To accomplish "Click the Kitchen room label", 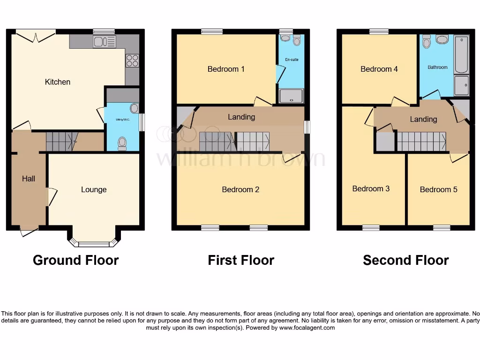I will pyautogui.click(x=57, y=82).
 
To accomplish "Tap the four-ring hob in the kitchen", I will pyautogui.click(x=132, y=60).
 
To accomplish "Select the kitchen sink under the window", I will pyautogui.click(x=104, y=42).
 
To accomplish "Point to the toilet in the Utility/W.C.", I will pyautogui.click(x=123, y=142).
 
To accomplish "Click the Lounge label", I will pyautogui.click(x=94, y=189).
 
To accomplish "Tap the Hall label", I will pyautogui.click(x=29, y=179).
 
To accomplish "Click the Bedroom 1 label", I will pyautogui.click(x=226, y=69).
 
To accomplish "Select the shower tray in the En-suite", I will pyautogui.click(x=291, y=96).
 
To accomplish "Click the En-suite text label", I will pyautogui.click(x=292, y=60).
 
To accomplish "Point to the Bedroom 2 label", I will pyautogui.click(x=240, y=189).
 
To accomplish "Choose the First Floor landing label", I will pyautogui.click(x=241, y=117).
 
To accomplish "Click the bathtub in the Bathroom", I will pyautogui.click(x=461, y=54).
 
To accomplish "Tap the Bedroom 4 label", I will pyautogui.click(x=379, y=69).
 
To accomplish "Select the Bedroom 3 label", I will pyautogui.click(x=371, y=188).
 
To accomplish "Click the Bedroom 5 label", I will pyautogui.click(x=438, y=189).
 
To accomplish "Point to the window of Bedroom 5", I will pyautogui.click(x=442, y=228).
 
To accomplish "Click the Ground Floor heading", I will pyautogui.click(x=75, y=260).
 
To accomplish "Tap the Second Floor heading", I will pyautogui.click(x=405, y=260).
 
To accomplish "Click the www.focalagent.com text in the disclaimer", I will pyautogui.click(x=307, y=328).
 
